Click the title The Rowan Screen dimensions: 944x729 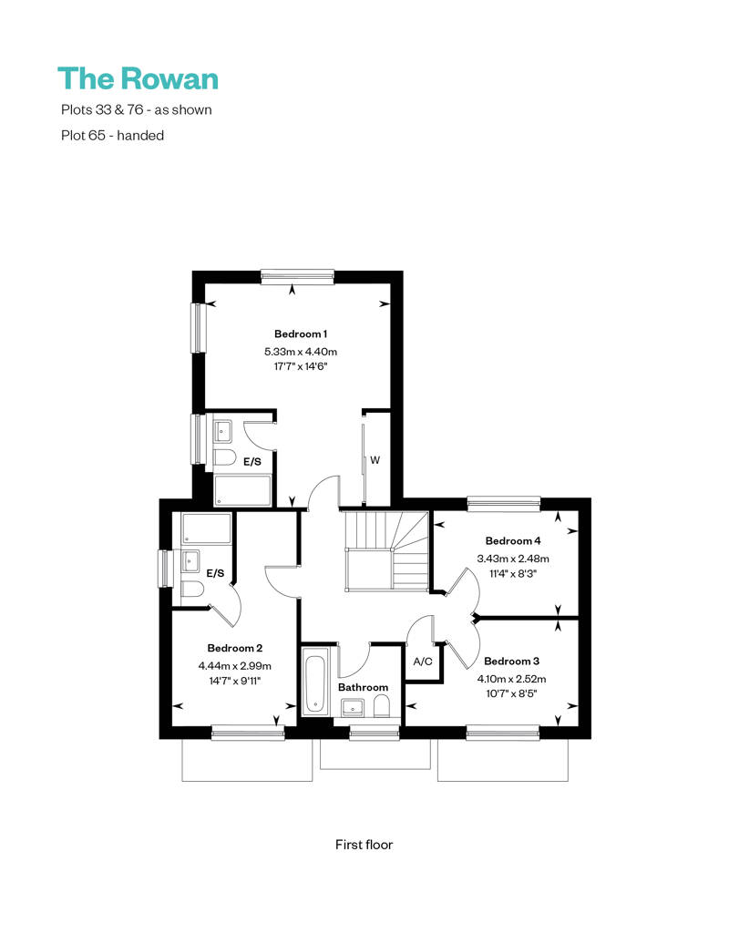[138, 78]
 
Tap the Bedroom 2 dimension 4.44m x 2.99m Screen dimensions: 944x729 [235, 665]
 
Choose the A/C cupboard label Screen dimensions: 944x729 [422, 662]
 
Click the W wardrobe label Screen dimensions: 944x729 [375, 460]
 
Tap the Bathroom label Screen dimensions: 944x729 [363, 687]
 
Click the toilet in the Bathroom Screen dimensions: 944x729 [384, 707]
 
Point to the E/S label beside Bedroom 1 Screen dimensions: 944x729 [252, 462]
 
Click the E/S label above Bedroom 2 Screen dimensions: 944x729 [216, 573]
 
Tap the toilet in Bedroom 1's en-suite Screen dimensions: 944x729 [224, 457]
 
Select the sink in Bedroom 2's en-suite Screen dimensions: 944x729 [190, 559]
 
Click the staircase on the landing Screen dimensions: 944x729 [385, 552]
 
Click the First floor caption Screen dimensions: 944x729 [364, 845]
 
